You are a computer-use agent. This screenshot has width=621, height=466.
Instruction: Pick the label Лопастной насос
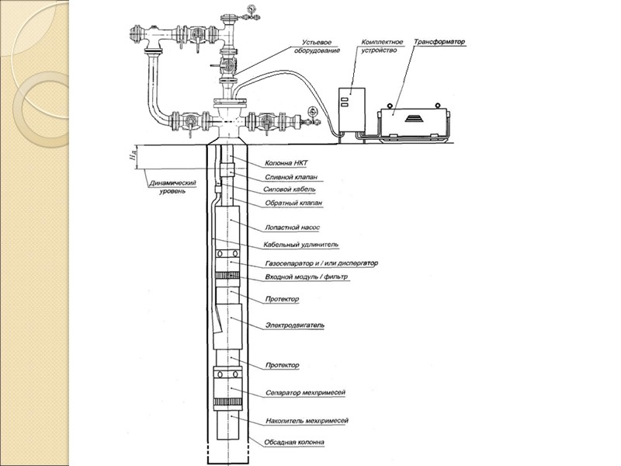pos(293,228)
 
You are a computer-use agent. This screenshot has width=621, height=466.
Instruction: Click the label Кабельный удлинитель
pos(300,245)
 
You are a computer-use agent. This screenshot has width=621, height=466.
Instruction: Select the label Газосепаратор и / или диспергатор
pos(321,263)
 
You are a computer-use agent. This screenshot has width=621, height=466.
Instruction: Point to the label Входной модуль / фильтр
pos(307,277)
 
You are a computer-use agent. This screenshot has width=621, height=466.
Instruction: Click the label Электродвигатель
pos(294,324)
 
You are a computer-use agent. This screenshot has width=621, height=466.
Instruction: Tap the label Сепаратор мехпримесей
pos(305,393)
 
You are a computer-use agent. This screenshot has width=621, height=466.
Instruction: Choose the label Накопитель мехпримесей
pos(306,420)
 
